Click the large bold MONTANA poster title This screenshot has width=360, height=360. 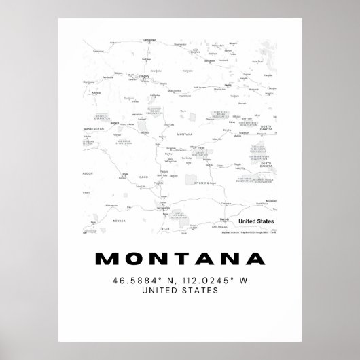(x=179, y=259)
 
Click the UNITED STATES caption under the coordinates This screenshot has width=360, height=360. (x=179, y=290)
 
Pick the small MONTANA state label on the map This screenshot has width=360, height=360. (x=184, y=134)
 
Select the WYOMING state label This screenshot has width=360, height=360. (x=202, y=183)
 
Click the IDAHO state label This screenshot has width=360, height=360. (x=143, y=177)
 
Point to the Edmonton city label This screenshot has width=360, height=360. (x=145, y=39)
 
